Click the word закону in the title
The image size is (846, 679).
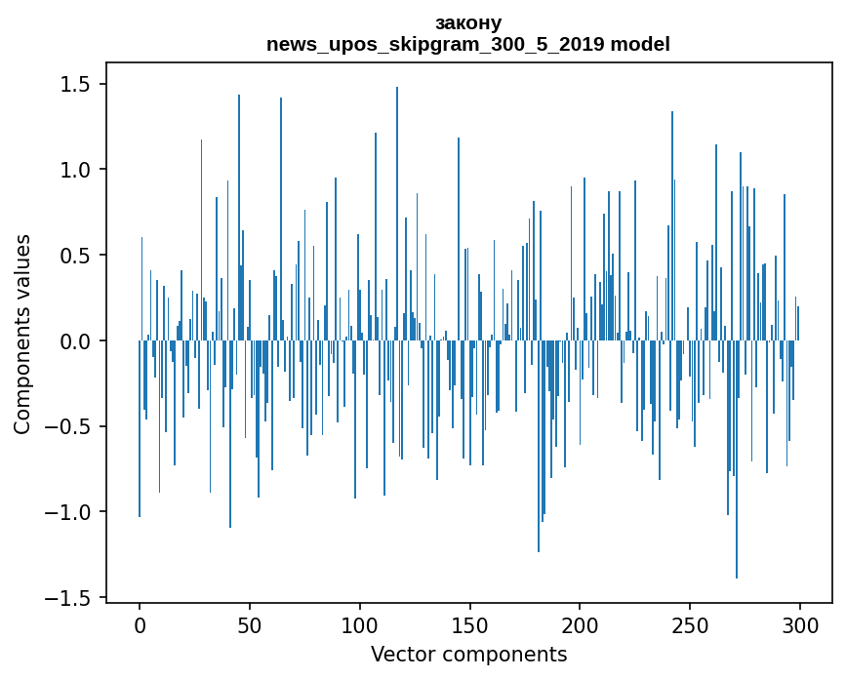[x=467, y=22]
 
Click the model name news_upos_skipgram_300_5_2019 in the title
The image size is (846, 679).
[x=437, y=44]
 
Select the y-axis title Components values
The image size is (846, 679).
[x=22, y=334]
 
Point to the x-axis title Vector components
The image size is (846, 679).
[x=468, y=654]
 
